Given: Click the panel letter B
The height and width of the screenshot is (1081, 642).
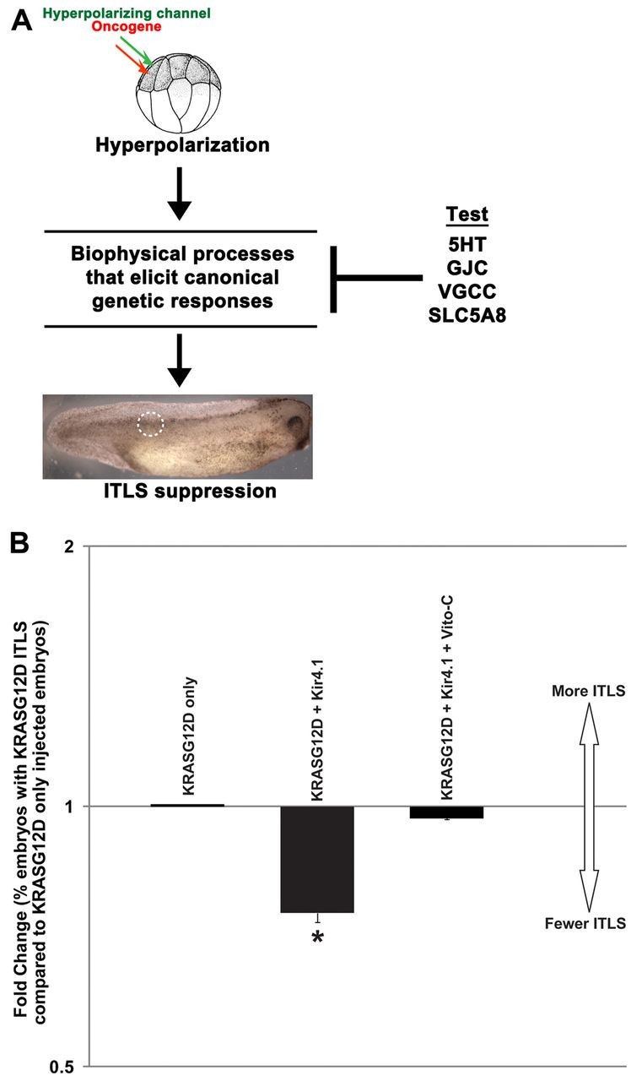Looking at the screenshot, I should pos(23,544).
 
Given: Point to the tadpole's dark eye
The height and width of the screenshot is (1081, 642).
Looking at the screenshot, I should pos(296,423).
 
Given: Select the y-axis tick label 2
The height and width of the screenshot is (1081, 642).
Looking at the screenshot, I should pos(69,546).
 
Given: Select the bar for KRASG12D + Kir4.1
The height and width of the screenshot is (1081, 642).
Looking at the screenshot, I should pos(317,859).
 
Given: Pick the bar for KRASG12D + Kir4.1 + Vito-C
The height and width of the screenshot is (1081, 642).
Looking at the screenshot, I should pos(447,812).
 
